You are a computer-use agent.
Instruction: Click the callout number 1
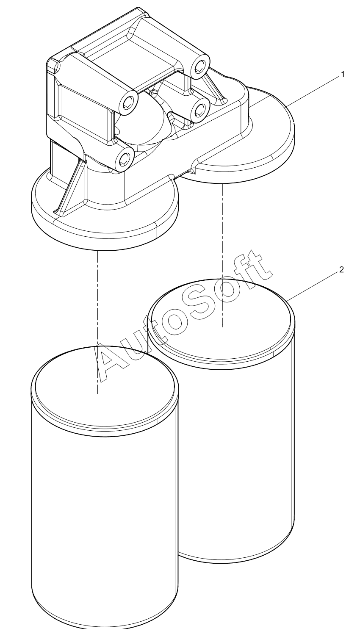343,75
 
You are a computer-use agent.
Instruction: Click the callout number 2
341,270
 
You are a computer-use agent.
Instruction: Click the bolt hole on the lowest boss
124,160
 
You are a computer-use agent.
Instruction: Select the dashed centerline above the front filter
97,322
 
